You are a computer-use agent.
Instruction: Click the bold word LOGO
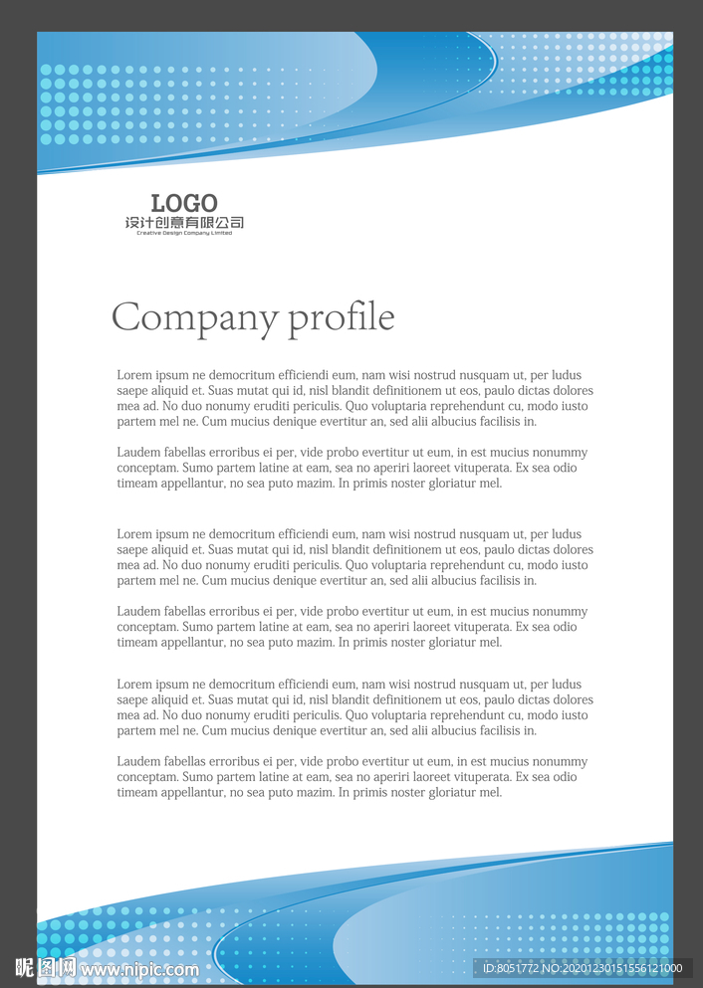[184, 204]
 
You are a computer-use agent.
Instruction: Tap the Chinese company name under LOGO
[184, 223]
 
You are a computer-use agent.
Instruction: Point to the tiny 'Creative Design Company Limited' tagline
[184, 234]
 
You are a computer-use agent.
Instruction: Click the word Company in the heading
[194, 318]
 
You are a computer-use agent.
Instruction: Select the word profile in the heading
[342, 318]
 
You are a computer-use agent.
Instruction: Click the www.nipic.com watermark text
[139, 969]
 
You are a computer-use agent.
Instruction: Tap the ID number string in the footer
[583, 968]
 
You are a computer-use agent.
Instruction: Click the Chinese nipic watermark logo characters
[46, 967]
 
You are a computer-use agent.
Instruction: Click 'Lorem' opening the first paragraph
[134, 375]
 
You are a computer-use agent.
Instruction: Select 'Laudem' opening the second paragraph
[138, 453]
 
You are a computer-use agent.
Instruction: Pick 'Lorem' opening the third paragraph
[134, 534]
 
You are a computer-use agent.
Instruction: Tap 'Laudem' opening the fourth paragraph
[138, 612]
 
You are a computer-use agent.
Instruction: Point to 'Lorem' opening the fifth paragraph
[134, 685]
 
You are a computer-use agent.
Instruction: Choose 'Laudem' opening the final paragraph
[138, 762]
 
